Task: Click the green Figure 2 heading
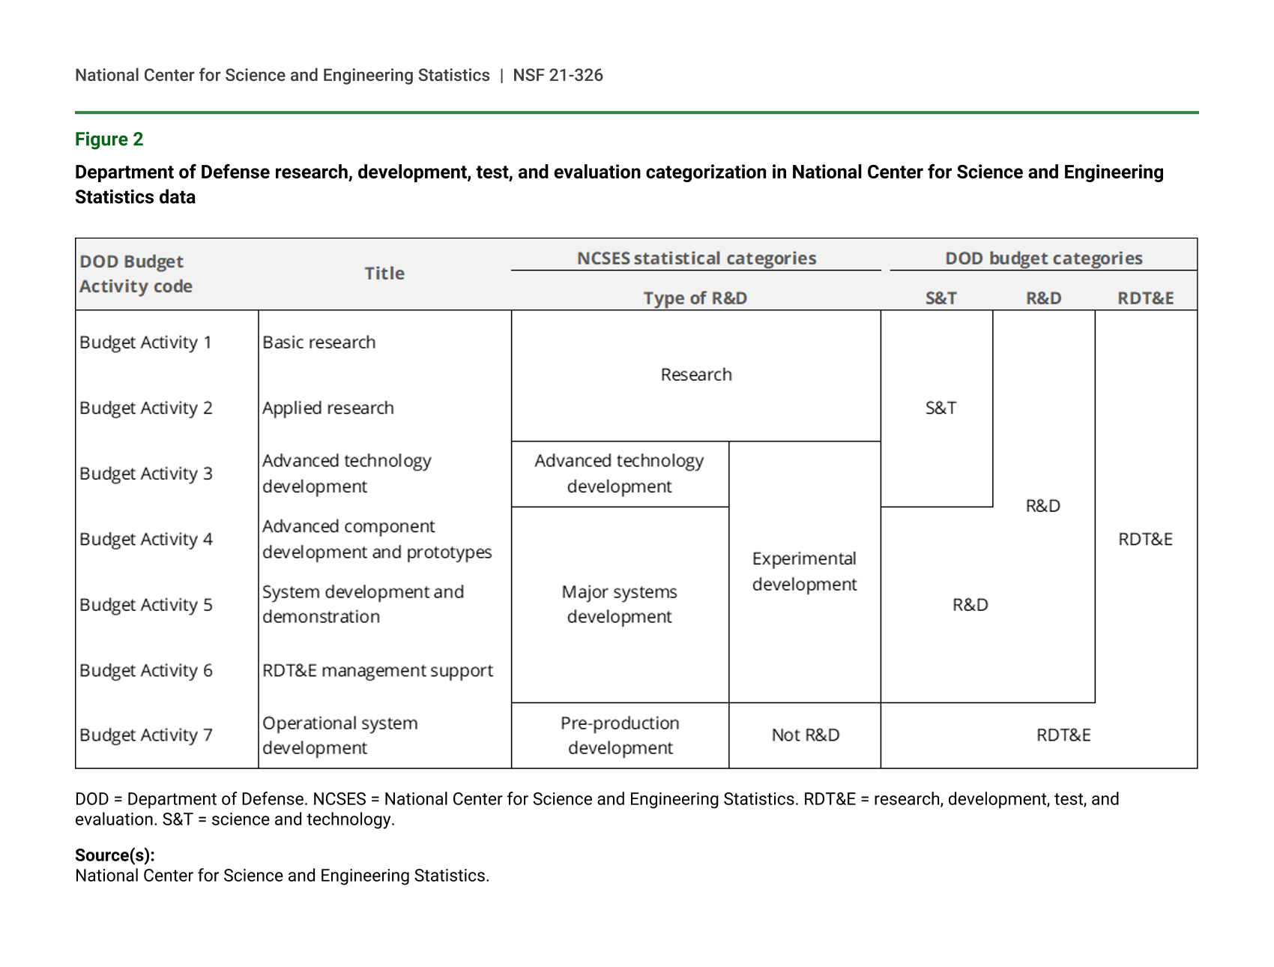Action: point(109,139)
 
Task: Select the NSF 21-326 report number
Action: point(558,75)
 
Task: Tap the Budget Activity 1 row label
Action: point(145,343)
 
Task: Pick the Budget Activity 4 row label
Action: point(145,539)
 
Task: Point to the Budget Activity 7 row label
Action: point(145,735)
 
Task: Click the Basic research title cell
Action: point(318,343)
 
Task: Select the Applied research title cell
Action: point(327,408)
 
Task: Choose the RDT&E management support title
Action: point(377,670)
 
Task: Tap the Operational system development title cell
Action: point(339,735)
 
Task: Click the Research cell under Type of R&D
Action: point(695,375)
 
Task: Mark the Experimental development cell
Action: point(804,571)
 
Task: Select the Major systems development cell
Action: point(619,604)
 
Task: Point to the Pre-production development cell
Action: point(620,735)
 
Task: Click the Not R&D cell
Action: point(805,735)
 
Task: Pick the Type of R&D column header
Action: point(695,298)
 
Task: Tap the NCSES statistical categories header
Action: point(695,259)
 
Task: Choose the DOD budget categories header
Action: point(1043,259)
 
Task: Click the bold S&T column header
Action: point(941,298)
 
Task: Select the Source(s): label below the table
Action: point(115,855)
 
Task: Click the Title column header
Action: point(384,274)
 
